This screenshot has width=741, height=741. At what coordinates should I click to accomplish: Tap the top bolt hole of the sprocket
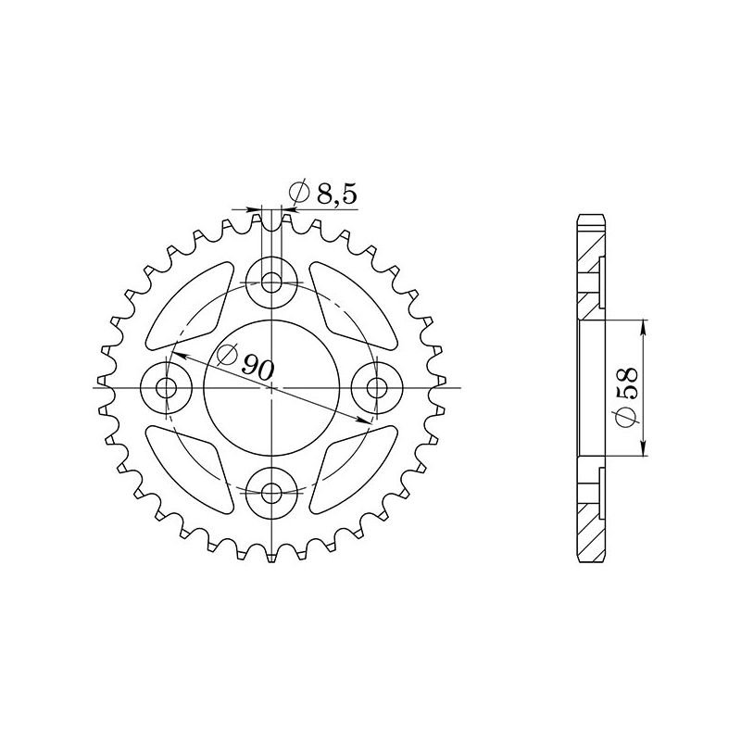[x=271, y=281]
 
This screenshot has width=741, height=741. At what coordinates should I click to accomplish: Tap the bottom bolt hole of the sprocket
[x=271, y=493]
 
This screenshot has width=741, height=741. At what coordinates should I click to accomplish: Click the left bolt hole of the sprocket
[x=166, y=387]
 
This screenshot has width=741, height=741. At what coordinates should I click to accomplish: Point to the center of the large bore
[x=271, y=387]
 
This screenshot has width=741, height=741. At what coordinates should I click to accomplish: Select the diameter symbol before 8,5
[x=299, y=193]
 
